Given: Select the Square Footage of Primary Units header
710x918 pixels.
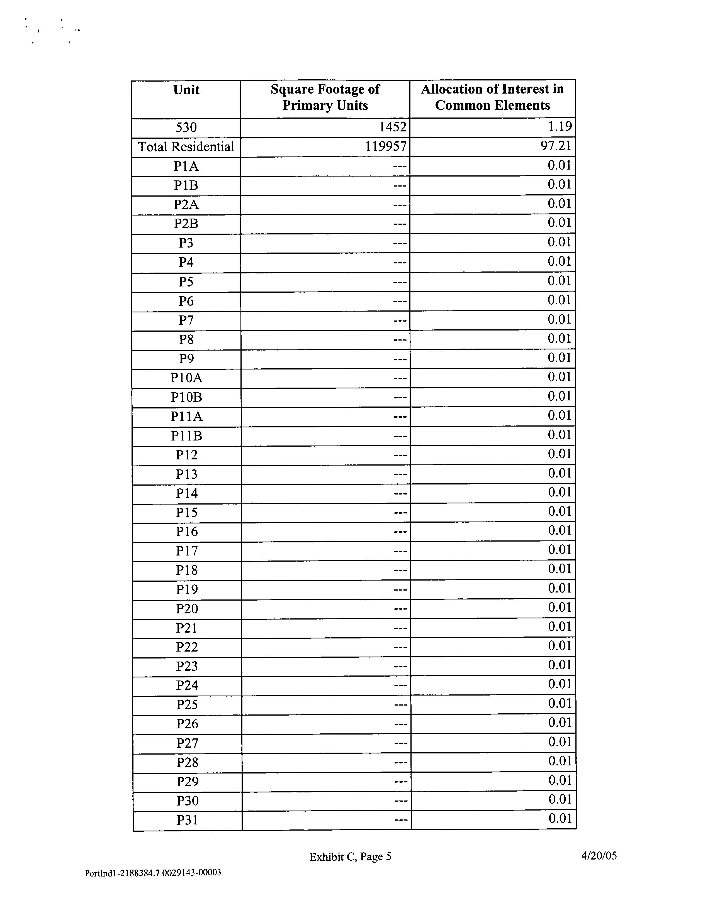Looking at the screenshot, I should click(x=325, y=97).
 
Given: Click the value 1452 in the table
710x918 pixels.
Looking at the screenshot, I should click(x=392, y=127).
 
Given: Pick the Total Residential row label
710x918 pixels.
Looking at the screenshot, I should click(x=186, y=147).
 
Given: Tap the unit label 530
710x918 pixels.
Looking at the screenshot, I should click(x=186, y=127).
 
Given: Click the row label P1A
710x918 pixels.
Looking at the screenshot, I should click(x=186, y=167).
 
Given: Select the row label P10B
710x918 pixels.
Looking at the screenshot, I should click(x=186, y=397).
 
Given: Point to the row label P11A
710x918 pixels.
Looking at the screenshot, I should click(x=186, y=417).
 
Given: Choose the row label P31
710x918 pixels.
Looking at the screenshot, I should click(x=187, y=820).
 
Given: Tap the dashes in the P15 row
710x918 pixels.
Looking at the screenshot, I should click(x=400, y=513).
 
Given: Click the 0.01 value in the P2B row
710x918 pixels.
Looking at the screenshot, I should click(x=560, y=222).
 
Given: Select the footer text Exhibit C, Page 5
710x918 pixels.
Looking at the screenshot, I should click(x=350, y=857).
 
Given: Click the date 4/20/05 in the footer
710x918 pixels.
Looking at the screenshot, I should click(x=599, y=855).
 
